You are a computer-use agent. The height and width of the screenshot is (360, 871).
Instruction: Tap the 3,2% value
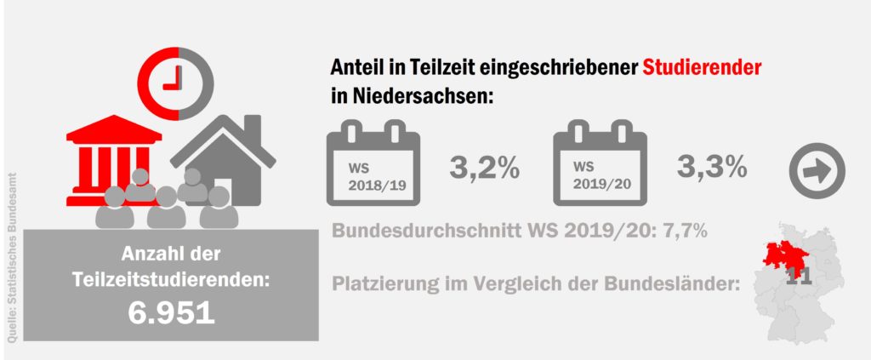point(484,168)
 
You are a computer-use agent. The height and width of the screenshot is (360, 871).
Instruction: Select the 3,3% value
point(713,166)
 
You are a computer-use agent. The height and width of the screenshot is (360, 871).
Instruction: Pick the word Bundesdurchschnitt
point(418,231)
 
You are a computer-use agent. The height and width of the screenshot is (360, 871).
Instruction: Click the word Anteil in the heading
point(354,67)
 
